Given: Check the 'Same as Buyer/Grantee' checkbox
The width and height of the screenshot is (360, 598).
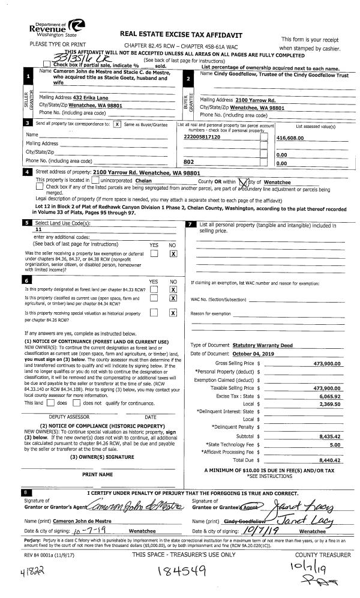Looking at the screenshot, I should (x=117, y=124).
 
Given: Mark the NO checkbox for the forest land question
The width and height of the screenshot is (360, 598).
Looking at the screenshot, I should (x=173, y=289).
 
